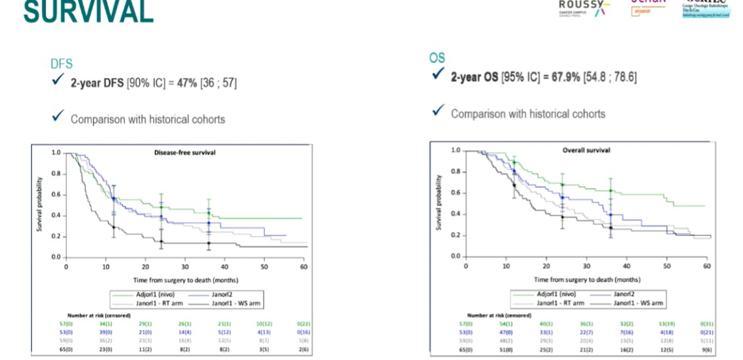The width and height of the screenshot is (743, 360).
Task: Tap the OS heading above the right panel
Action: [437, 59]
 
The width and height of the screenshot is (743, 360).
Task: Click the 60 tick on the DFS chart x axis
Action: [303, 265]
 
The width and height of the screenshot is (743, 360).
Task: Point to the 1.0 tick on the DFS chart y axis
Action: [56, 153]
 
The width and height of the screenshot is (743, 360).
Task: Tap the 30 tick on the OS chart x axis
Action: [586, 265]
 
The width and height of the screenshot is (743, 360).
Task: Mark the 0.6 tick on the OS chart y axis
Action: [455, 193]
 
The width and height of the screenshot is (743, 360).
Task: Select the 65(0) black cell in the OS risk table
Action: [466, 350]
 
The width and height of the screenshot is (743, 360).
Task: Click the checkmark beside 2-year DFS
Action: [58, 83]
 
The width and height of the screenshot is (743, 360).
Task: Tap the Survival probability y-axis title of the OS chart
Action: [438, 202]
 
